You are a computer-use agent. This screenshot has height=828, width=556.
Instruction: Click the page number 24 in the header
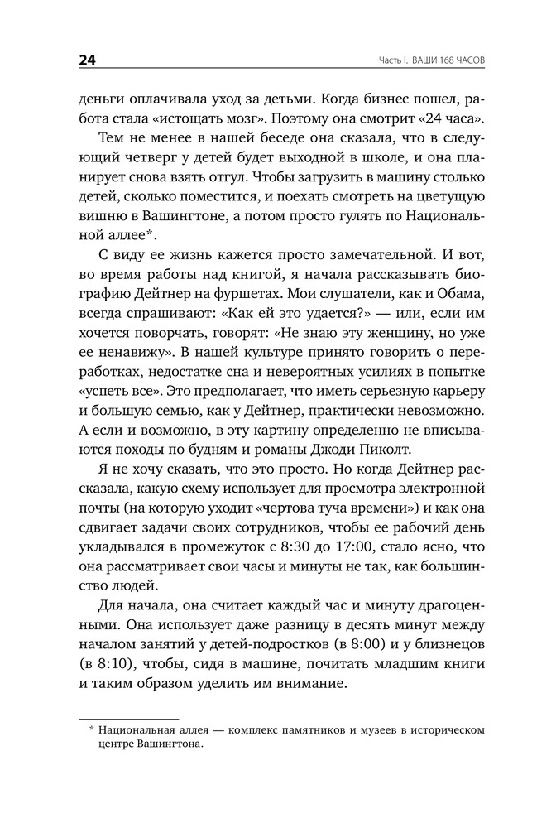click(x=89, y=60)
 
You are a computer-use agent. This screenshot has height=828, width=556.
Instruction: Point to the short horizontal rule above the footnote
click(x=128, y=720)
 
